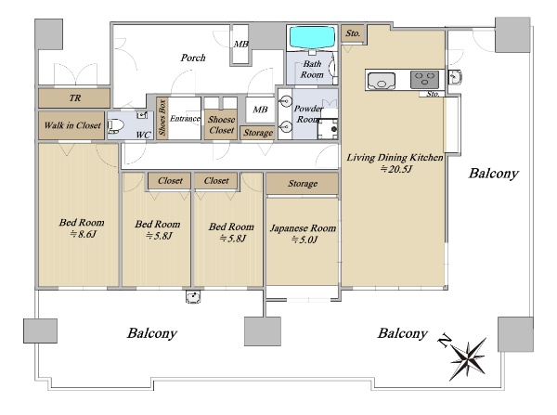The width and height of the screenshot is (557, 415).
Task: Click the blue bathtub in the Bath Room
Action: (x=312, y=37)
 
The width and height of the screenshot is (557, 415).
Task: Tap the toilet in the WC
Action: (x=115, y=126)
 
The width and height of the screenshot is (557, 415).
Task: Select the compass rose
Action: (x=468, y=358)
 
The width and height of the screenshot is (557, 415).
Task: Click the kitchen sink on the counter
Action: (x=382, y=81)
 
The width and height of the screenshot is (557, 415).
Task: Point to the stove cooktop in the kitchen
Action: (x=424, y=80)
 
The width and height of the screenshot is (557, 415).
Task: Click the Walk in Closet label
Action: (x=72, y=125)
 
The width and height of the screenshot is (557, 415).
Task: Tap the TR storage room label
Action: (x=75, y=97)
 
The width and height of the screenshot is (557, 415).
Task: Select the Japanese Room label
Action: (x=303, y=228)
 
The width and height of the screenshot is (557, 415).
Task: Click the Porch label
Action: (x=193, y=58)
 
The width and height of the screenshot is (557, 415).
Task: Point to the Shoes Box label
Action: (x=162, y=118)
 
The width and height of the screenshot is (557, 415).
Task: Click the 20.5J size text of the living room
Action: (x=396, y=169)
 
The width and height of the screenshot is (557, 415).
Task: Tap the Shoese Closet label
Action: (x=221, y=124)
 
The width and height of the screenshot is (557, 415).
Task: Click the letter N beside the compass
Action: (x=445, y=341)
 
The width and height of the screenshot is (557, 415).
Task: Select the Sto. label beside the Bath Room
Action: (x=353, y=33)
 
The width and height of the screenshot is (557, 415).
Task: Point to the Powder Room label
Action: (x=308, y=113)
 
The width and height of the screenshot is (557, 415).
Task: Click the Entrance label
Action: (x=185, y=118)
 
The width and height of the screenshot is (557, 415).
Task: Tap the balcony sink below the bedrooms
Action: (x=193, y=297)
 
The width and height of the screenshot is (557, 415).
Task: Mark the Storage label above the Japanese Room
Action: (x=303, y=184)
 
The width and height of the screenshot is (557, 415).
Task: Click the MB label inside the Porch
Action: (x=240, y=45)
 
